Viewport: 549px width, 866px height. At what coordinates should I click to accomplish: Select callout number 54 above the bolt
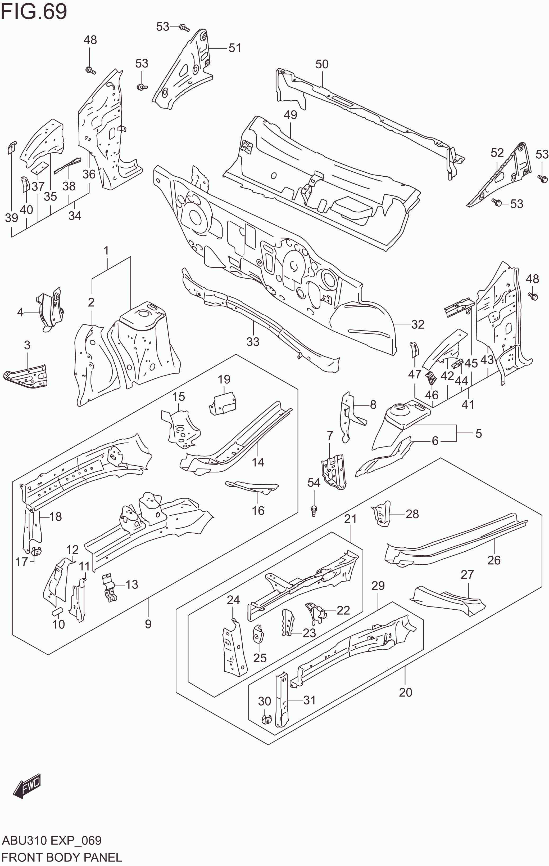[314, 483]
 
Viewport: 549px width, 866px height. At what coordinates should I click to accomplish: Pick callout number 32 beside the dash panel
[418, 324]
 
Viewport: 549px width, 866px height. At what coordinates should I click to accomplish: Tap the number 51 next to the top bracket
[235, 48]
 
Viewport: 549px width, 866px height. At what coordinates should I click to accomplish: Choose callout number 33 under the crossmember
[253, 342]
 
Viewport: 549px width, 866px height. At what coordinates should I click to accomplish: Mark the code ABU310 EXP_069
[52, 841]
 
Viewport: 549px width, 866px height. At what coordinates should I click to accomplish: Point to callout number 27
[467, 575]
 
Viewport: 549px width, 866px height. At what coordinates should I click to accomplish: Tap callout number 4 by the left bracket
[20, 312]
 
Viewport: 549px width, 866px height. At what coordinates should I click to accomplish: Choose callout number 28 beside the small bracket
[412, 514]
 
